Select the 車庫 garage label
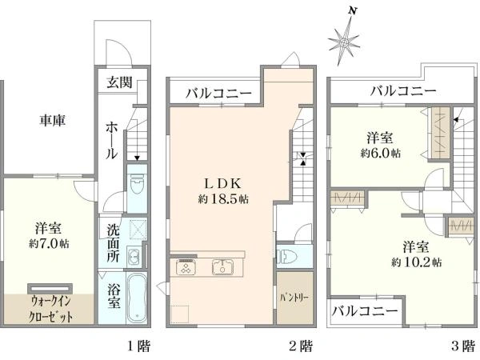pyautogui.click(x=52, y=120)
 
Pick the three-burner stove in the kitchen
pyautogui.click(x=186, y=267)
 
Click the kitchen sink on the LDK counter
pyautogui.click(x=223, y=267)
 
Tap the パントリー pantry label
pyautogui.click(x=294, y=298)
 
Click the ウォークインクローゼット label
pyautogui.click(x=51, y=309)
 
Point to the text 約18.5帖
pyautogui.click(x=223, y=199)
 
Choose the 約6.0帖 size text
pyautogui.click(x=381, y=153)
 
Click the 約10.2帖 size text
pyautogui.click(x=416, y=262)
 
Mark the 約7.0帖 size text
pyautogui.click(x=49, y=244)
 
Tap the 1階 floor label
pyautogui.click(x=138, y=346)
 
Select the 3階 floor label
pyautogui.click(x=463, y=346)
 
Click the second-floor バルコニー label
pyautogui.click(x=218, y=93)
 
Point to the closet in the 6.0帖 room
pyautogui.click(x=440, y=133)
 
